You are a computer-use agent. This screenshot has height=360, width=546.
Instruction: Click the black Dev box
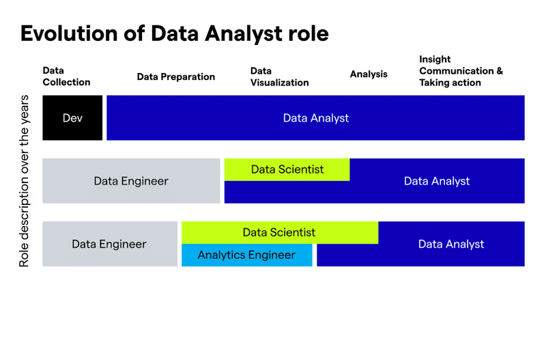coord(72,117)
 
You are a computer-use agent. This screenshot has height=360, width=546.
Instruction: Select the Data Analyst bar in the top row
coord(315,117)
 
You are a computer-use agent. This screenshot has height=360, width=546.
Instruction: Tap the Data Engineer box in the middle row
coord(131,181)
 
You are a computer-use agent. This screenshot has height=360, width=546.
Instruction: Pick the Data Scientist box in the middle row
coord(287,169)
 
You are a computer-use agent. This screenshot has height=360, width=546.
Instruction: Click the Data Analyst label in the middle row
coord(437,181)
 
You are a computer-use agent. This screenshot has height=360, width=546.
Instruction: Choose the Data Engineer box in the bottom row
coord(110,244)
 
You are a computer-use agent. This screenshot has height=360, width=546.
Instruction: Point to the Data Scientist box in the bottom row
coord(280,232)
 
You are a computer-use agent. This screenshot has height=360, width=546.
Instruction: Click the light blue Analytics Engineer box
coord(247,255)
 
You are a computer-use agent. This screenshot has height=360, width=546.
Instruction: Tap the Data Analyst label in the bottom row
coord(451,245)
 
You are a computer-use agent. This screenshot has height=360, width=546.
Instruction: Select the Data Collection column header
coord(66,77)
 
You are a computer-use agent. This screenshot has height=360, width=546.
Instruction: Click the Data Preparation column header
coord(176,77)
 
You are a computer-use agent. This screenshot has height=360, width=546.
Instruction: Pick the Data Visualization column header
coord(279,77)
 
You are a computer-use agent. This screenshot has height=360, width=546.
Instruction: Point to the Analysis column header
coord(369,74)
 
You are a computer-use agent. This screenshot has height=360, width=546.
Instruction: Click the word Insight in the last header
coord(435,59)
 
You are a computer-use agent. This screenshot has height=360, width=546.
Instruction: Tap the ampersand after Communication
coord(500,71)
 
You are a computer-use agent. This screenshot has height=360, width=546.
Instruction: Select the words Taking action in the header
coord(450,83)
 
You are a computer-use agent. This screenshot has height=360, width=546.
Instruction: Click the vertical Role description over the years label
coord(24,181)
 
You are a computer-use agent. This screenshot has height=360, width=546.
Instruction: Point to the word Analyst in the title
coord(244,34)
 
